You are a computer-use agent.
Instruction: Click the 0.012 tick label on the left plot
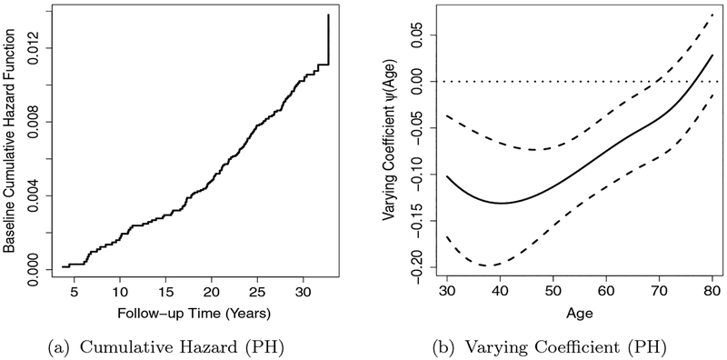[35, 47]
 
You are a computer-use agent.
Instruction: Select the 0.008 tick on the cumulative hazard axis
[35, 122]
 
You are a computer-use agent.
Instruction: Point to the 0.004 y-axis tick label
[35, 195]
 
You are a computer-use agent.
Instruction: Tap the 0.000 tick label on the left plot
[35, 270]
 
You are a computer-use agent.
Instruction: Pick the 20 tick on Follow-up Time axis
[212, 292]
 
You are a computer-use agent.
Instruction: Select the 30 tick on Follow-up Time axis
[304, 292]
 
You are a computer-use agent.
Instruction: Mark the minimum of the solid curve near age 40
[500, 203]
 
